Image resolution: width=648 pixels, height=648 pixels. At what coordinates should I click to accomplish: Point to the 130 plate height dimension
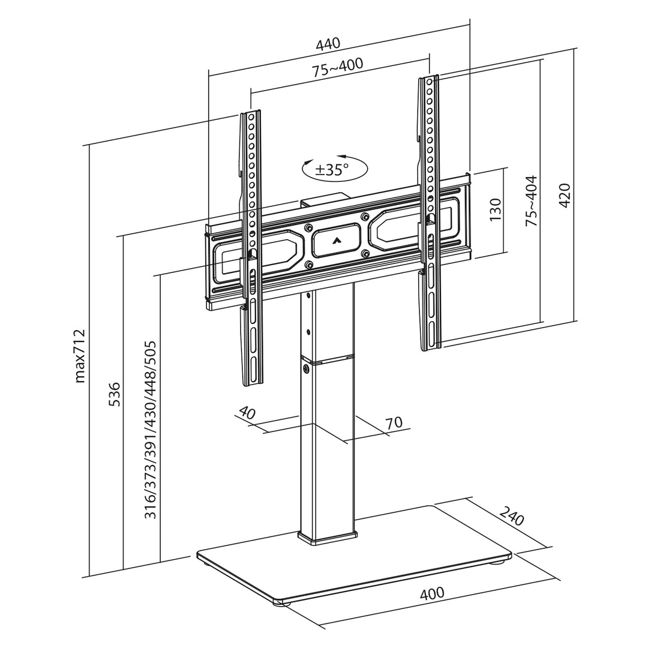(x=495, y=210)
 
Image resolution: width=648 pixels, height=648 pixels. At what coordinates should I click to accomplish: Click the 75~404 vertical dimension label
(x=532, y=200)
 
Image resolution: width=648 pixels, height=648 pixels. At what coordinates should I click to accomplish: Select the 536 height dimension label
(x=114, y=394)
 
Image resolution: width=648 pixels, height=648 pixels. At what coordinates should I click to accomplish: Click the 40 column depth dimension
(x=247, y=413)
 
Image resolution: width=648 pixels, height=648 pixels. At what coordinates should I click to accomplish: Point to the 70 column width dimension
(x=393, y=423)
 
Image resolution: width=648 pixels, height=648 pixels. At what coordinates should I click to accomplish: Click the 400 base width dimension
(x=432, y=593)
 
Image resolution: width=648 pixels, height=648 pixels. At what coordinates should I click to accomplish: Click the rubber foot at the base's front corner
(x=280, y=602)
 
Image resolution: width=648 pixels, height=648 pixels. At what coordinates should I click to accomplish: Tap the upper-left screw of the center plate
(x=308, y=228)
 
